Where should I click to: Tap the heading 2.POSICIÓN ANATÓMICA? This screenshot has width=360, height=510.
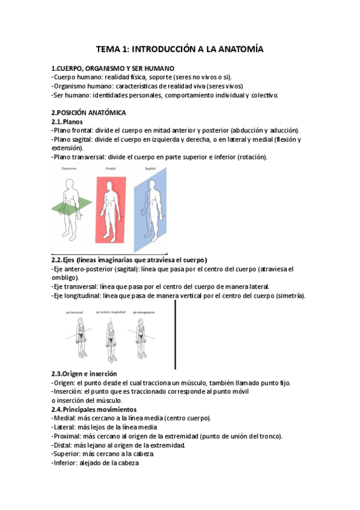coord(89,112)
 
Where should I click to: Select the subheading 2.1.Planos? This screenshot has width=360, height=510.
coord(67,121)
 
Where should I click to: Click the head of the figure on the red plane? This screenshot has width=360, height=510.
coord(110,185)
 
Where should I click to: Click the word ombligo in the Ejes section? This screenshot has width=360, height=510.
coord(66,278)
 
